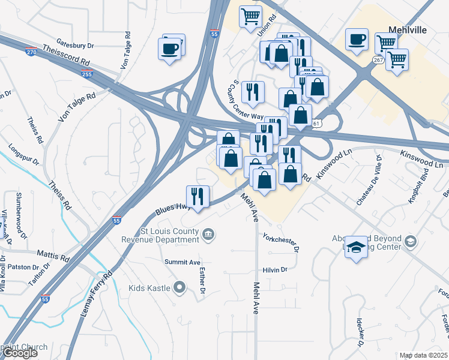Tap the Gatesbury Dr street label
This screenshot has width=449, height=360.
(x=76, y=44)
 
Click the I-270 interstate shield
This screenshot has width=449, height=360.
(x=31, y=52)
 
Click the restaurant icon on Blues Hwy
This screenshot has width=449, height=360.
(x=197, y=196)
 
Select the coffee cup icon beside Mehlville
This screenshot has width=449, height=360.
(x=357, y=40)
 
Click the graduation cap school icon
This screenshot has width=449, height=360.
(x=356, y=247)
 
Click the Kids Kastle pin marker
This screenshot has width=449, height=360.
(x=179, y=288)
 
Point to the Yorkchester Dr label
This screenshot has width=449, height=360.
(x=280, y=242)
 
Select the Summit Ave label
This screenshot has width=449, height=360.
(x=182, y=263)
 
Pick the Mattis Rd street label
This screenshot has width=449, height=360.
(x=53, y=256)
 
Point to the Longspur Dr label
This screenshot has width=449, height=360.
(x=24, y=154)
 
